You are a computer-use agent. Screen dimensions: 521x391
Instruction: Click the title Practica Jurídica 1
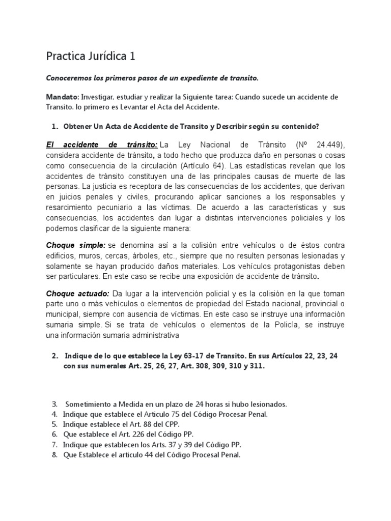pyautogui.click(x=91, y=55)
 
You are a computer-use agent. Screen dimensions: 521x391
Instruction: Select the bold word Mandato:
pyautogui.click(x=63, y=97)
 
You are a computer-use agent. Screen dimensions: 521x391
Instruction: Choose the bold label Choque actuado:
pyautogui.click(x=78, y=294)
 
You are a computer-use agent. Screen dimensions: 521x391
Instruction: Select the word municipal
pyautogui.click(x=64, y=314)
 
